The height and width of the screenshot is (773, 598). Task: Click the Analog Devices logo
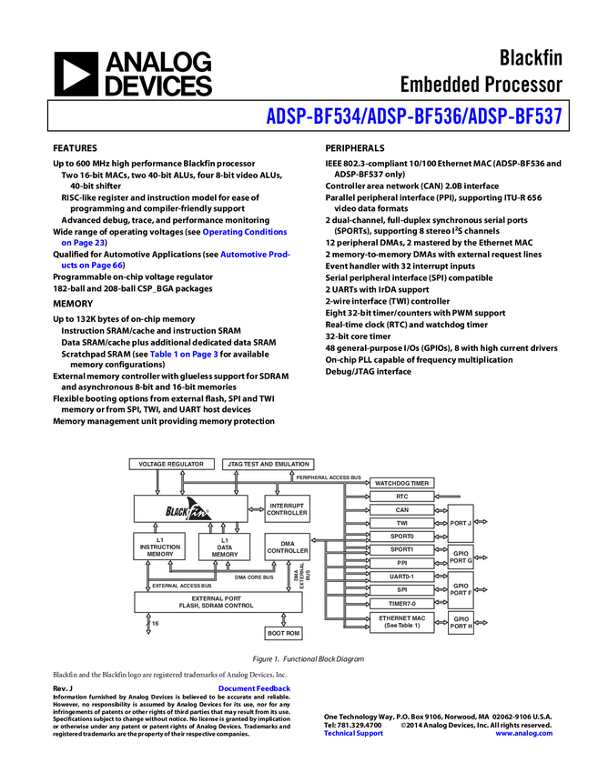pos(133,74)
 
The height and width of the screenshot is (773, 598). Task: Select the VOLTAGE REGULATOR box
pos(173,464)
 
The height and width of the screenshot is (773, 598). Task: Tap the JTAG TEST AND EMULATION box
pos(269,464)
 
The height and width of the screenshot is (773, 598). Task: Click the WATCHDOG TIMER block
pos(401,483)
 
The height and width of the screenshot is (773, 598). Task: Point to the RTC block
pos(401,497)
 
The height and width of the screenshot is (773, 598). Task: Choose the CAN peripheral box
pos(401,510)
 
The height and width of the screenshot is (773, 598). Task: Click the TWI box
pos(401,524)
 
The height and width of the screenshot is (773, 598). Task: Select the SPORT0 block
pos(401,537)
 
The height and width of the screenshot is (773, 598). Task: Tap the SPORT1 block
pos(401,550)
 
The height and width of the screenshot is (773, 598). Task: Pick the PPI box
pos(401,563)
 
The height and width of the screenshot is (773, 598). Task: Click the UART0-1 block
pos(401,577)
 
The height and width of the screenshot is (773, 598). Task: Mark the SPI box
pos(401,589)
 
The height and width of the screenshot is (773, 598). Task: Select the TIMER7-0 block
pos(401,603)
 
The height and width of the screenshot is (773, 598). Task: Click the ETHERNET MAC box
pos(401,622)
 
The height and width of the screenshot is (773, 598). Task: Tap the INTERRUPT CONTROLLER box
pos(287,509)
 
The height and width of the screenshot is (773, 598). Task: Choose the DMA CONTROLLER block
pos(287,547)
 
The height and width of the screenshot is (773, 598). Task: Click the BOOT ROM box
pos(283,633)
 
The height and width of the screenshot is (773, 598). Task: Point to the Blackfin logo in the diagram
pos(188,509)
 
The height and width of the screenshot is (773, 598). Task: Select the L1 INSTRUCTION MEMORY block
pos(159,547)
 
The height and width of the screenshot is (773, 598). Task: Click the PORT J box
pos(461,523)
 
